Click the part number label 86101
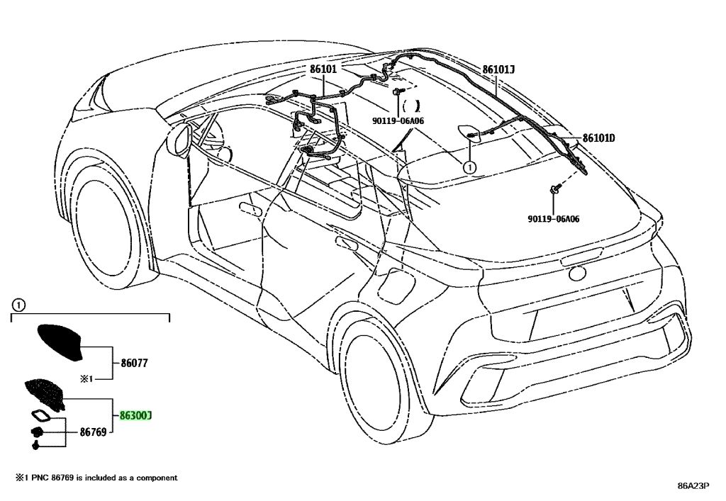point(323,69)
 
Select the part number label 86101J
point(498,69)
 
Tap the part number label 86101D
point(598,138)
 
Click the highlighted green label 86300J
point(135,416)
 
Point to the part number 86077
point(134,363)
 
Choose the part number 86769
point(93,432)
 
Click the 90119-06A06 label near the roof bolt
point(398,121)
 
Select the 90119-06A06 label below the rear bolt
point(553,219)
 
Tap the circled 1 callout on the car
point(469,167)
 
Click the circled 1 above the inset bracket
point(17,305)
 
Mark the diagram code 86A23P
point(693,485)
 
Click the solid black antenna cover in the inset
point(60,342)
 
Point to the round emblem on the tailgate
point(577,274)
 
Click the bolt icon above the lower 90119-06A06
point(554,188)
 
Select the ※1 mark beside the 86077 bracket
point(87,379)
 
